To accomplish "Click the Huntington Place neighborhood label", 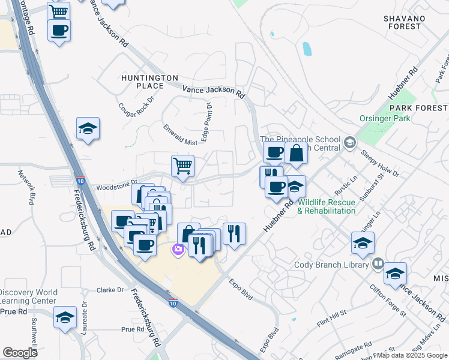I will pyautogui.click(x=149, y=82).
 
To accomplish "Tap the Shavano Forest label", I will pyautogui.click(x=403, y=22).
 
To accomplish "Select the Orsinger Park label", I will pyautogui.click(x=385, y=118).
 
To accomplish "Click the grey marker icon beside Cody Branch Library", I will pyautogui.click(x=378, y=263).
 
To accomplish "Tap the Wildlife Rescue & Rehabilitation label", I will pyautogui.click(x=327, y=206).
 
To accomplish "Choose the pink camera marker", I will pyautogui.click(x=178, y=250).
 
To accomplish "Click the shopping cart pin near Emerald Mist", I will pyautogui.click(x=182, y=165).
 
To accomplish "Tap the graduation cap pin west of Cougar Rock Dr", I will pyautogui.click(x=88, y=128).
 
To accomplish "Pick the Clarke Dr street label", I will pyautogui.click(x=110, y=290).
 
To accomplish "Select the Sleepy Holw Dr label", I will pyautogui.click(x=380, y=162).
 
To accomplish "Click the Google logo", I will pyautogui.click(x=20, y=353).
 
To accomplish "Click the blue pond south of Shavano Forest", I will pyautogui.click(x=307, y=49).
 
